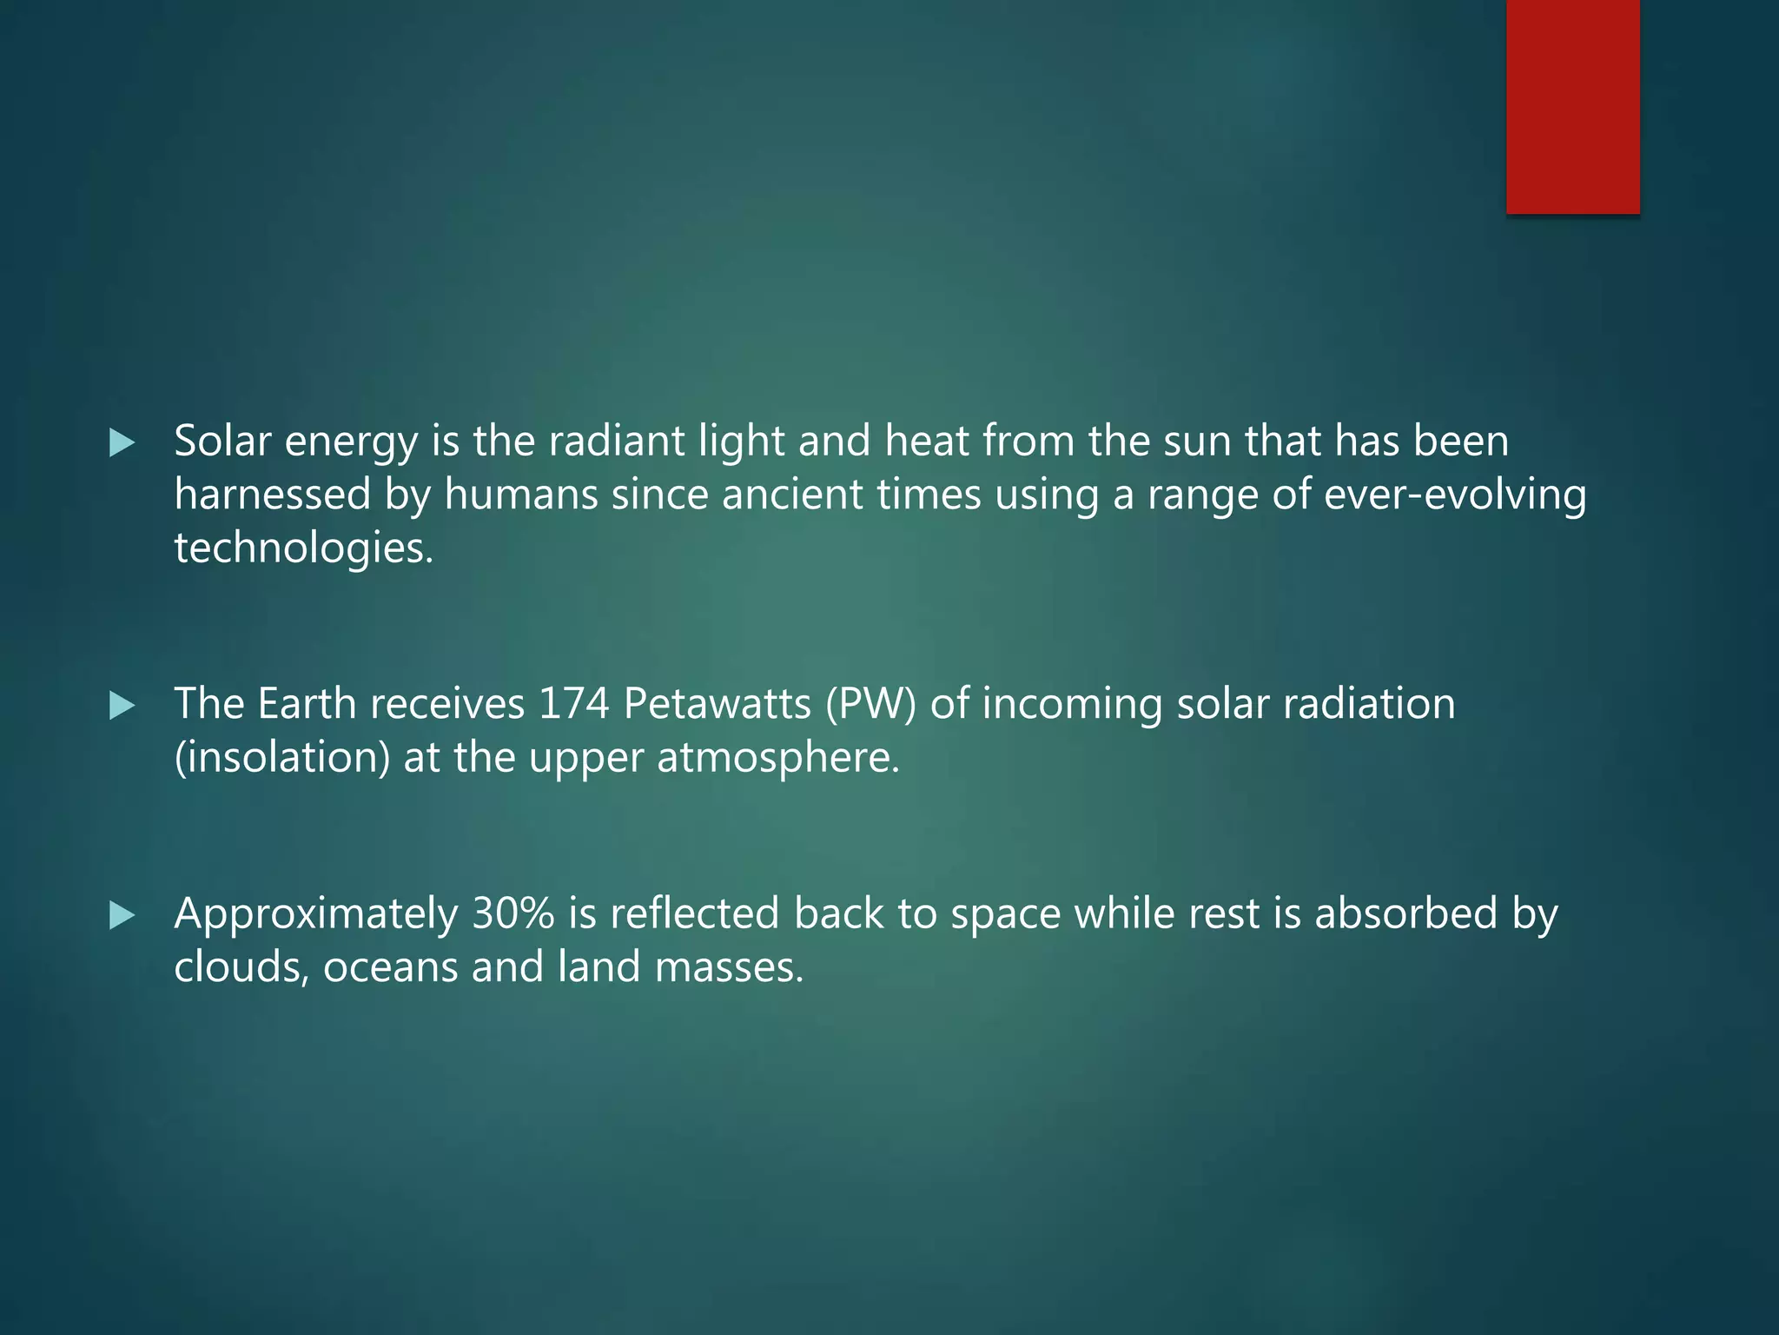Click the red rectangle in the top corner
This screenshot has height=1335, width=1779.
click(1572, 106)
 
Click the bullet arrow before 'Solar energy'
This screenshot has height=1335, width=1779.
click(122, 444)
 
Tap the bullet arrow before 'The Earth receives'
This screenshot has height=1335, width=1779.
click(122, 706)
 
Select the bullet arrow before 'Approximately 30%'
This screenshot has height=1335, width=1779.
click(122, 915)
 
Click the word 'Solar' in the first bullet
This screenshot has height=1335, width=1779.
click(222, 442)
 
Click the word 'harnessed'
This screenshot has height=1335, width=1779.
click(273, 495)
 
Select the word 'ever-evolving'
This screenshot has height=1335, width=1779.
click(1455, 495)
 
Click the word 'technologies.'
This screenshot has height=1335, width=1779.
click(303, 548)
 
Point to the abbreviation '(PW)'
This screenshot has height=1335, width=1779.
click(871, 704)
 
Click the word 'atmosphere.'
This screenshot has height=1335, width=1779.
click(778, 758)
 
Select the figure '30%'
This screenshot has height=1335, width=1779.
click(513, 914)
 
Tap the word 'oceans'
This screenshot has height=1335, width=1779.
click(390, 967)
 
